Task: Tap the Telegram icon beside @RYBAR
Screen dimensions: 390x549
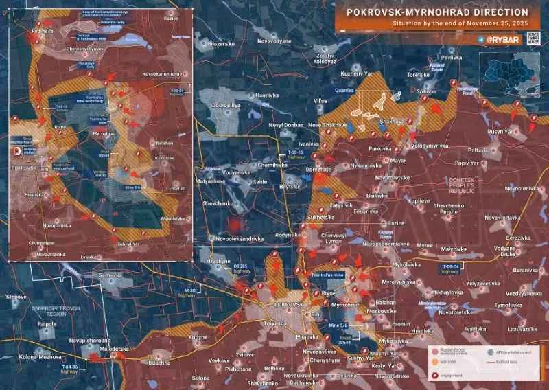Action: [x=480, y=40]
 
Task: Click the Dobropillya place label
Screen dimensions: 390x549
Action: [x=229, y=106]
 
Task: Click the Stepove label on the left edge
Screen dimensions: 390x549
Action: [x=16, y=296]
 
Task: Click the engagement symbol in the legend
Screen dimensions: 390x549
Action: [x=437, y=376]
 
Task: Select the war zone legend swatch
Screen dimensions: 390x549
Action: [x=437, y=362]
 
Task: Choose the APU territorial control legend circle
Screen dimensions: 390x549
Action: [x=490, y=349]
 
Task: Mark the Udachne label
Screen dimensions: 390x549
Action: [x=159, y=362]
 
